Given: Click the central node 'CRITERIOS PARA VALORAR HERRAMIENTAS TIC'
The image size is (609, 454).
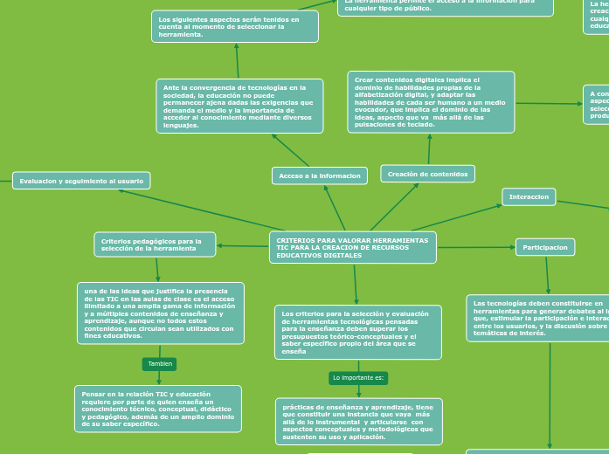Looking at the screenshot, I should point(353,247).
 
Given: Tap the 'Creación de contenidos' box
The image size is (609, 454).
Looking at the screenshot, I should point(427,174).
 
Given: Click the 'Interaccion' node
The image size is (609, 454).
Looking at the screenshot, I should point(529,197).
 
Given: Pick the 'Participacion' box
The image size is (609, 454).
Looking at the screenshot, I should point(545,247).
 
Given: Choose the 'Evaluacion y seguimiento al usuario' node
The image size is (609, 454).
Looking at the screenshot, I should point(81,181).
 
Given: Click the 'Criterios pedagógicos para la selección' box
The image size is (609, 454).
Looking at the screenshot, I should point(155,244).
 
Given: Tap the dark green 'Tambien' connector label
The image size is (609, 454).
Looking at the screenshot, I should point(159,363).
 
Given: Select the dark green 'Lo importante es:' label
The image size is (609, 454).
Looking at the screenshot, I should point(358,377).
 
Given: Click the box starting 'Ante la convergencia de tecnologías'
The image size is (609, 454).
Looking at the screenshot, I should point(239,106).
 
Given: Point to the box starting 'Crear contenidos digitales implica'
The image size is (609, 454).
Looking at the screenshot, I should point(431,102).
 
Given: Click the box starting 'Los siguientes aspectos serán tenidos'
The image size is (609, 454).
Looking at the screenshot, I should point(235,26).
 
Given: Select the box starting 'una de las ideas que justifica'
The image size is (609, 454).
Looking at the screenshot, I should point(161,313).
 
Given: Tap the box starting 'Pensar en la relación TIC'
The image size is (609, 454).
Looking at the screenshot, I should point(158,409).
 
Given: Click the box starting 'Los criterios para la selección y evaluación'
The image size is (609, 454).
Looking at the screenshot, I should point(358,332).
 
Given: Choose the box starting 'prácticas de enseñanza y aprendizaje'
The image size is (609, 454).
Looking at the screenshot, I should point(359,422).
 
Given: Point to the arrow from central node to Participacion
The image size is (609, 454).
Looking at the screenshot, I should point(476,247).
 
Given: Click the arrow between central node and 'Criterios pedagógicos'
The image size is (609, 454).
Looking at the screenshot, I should point(243,246).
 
